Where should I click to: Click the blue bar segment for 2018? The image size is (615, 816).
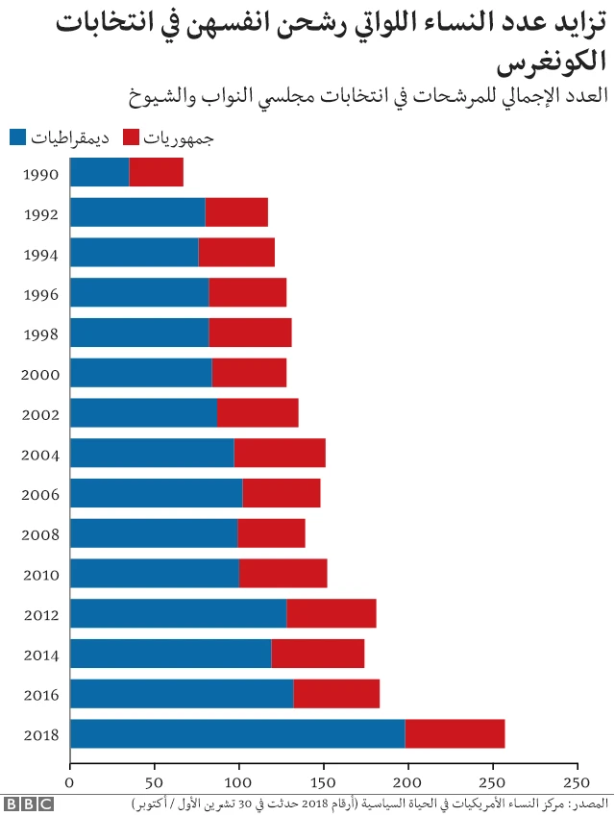click(237, 734)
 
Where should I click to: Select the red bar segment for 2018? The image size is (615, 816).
click(455, 734)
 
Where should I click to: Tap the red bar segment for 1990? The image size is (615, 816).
click(156, 172)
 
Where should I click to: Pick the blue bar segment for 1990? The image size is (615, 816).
click(99, 172)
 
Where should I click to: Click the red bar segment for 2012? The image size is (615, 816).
click(331, 613)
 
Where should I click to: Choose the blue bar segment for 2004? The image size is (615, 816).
click(152, 453)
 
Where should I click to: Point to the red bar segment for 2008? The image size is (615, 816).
click(271, 533)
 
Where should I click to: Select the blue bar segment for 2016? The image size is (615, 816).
click(182, 694)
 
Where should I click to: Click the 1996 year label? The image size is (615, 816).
click(40, 294)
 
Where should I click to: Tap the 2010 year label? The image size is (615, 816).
click(40, 575)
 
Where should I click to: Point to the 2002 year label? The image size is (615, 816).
click(40, 414)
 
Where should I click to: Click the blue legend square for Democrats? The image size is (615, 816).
click(17, 137)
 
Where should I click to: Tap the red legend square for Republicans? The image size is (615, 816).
click(132, 137)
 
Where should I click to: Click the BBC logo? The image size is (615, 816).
click(28, 803)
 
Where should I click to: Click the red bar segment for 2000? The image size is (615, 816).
click(249, 373)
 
